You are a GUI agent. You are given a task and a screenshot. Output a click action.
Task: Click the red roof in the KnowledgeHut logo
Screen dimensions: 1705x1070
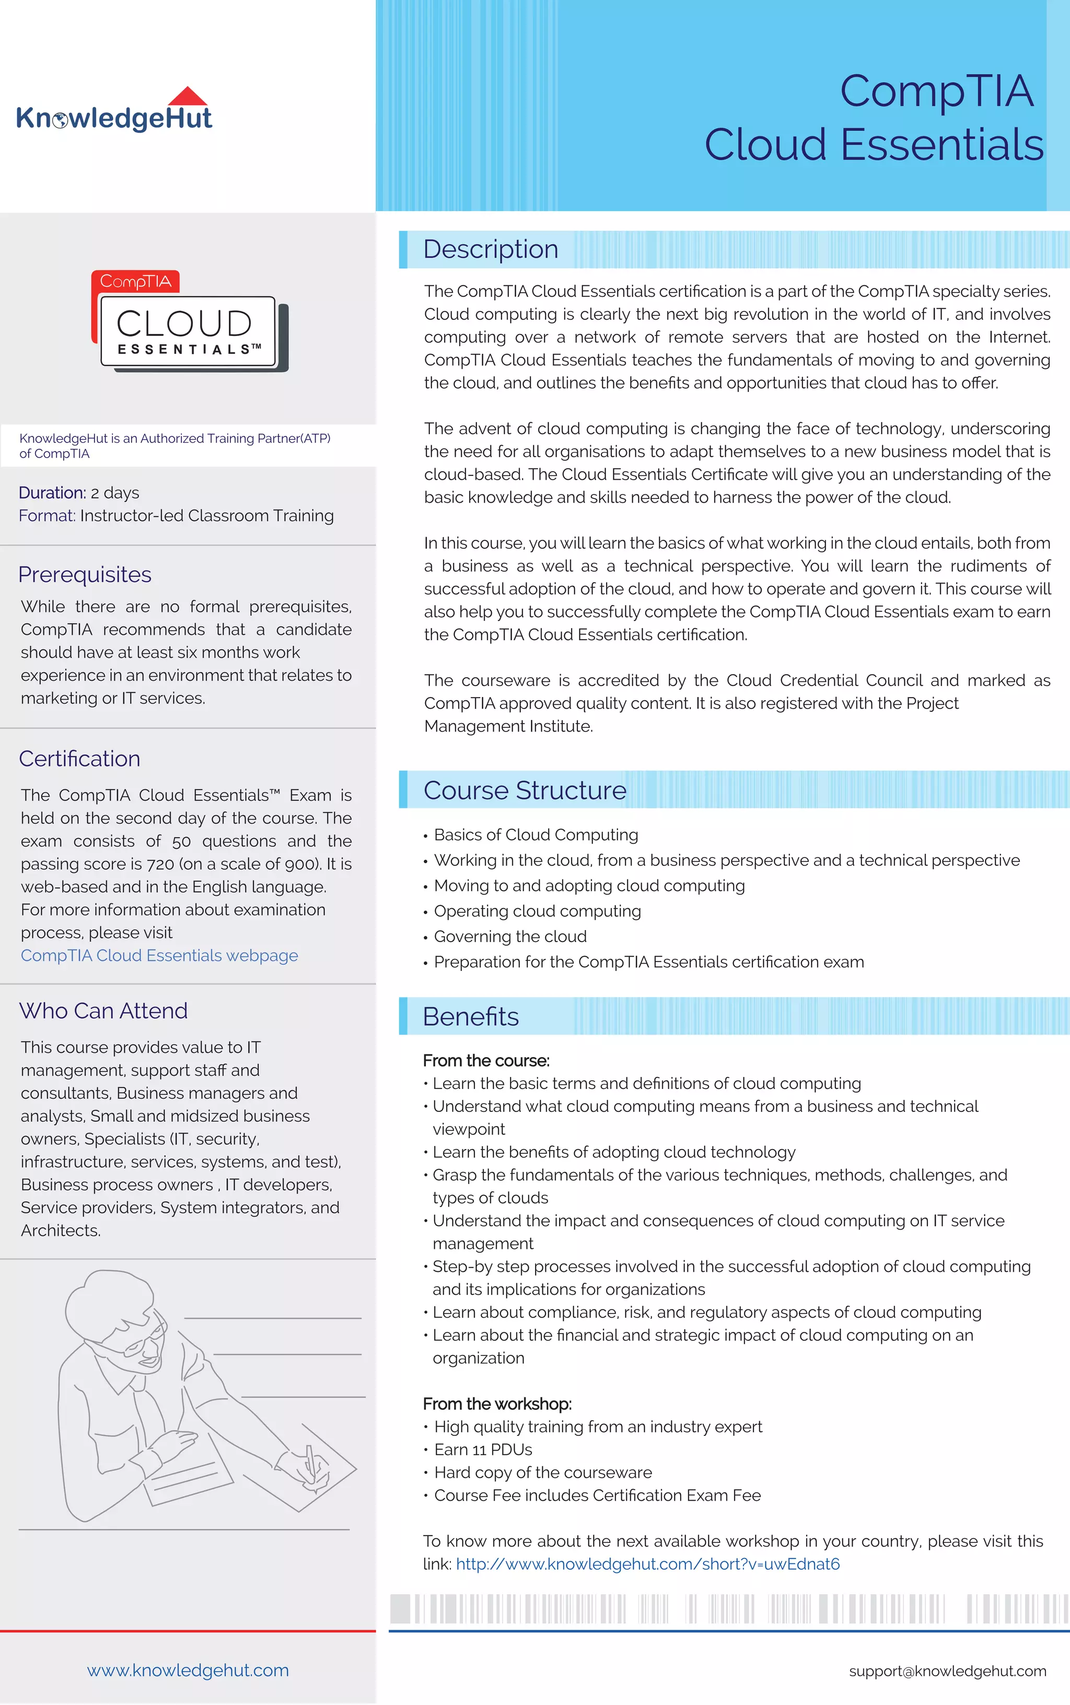click(188, 97)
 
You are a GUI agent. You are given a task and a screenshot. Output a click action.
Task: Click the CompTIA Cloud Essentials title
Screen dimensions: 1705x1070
click(874, 118)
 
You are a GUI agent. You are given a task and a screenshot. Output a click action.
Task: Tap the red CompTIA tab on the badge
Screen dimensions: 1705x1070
click(135, 281)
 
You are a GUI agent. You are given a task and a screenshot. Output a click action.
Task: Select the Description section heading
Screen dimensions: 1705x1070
click(491, 249)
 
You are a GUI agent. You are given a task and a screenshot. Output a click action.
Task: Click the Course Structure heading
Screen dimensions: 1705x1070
click(525, 790)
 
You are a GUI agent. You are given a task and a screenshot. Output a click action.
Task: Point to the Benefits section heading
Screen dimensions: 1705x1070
click(471, 1016)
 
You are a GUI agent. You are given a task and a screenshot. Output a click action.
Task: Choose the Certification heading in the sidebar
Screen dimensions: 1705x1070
click(79, 758)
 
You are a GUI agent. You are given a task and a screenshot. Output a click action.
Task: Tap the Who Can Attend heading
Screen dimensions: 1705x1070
click(103, 1010)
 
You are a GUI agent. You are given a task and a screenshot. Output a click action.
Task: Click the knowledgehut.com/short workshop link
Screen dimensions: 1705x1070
click(647, 1563)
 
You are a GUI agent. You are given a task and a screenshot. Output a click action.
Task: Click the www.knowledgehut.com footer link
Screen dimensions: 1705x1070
click(188, 1669)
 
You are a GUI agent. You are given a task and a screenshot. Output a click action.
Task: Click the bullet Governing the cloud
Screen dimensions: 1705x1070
click(509, 936)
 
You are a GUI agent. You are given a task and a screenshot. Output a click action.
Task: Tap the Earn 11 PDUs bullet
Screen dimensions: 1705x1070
click(483, 1449)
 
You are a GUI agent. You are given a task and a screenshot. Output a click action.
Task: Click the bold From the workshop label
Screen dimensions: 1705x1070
click(497, 1404)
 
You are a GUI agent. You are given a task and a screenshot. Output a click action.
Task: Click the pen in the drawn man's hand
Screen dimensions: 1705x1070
click(310, 1459)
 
